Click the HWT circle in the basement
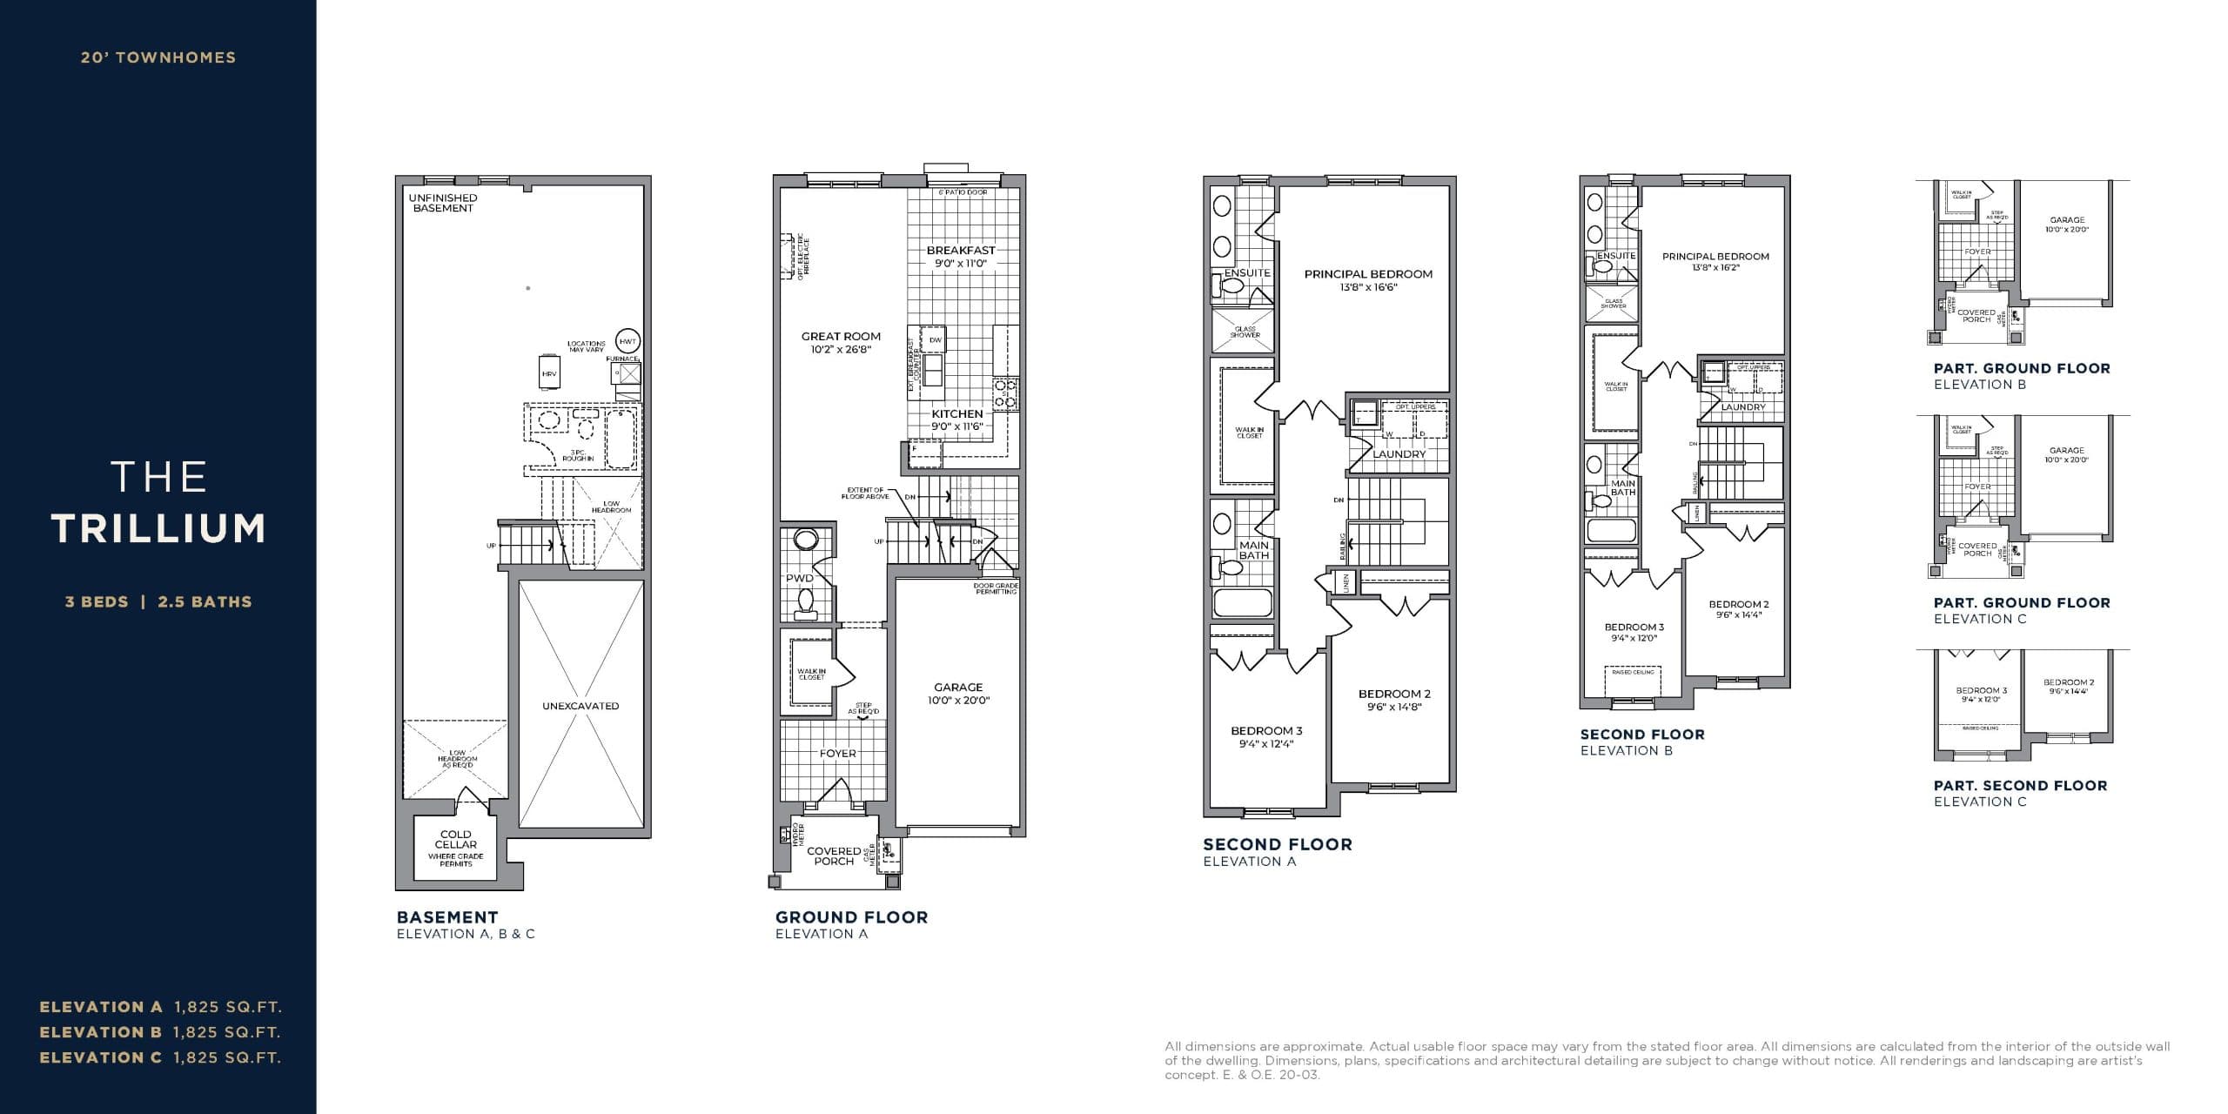click(x=627, y=341)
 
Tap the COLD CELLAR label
click(x=455, y=840)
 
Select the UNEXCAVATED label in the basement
click(x=580, y=706)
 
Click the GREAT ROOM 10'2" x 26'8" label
click(x=841, y=342)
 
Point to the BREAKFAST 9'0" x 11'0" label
click(x=961, y=256)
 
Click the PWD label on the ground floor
click(x=799, y=578)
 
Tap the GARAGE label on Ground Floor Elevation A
click(x=958, y=693)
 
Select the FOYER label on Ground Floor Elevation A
click(x=837, y=754)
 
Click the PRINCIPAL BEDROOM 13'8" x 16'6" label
click(x=1368, y=279)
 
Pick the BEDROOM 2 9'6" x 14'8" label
click(x=1394, y=700)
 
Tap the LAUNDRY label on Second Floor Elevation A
click(x=1399, y=454)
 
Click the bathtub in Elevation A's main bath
click(x=1243, y=602)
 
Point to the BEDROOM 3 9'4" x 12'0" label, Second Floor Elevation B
click(x=1634, y=632)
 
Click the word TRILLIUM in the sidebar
click(x=158, y=528)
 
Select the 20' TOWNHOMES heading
click(x=158, y=57)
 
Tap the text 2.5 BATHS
click(x=205, y=601)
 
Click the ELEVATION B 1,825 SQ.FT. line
click(x=160, y=1032)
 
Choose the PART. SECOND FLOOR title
click(x=2020, y=785)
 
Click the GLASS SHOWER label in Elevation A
click(x=1245, y=332)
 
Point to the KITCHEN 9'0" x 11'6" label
click(x=957, y=419)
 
